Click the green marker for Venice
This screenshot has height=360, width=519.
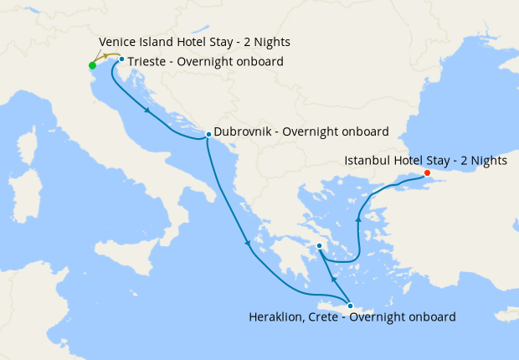92,65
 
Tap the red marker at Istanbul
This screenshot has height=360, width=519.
427,173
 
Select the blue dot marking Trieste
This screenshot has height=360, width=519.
121,59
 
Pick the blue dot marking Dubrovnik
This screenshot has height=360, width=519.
208,134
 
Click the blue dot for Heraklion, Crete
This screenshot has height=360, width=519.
350,306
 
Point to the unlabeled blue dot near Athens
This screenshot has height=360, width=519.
319,245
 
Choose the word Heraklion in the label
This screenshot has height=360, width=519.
277,317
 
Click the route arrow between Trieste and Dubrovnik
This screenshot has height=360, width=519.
148,111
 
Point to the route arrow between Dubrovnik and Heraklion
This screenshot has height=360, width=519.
248,244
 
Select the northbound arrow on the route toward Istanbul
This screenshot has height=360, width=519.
358,219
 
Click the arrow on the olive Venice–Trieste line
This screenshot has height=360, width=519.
105,57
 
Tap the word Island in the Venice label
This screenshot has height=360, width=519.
155,42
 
